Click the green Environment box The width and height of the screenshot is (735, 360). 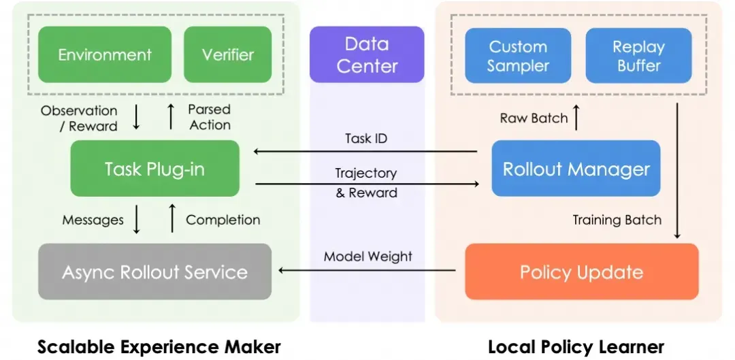pos(105,54)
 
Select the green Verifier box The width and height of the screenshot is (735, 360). pos(228,54)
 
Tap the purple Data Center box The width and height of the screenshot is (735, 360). pos(367,55)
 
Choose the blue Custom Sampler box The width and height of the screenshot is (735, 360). pos(518,56)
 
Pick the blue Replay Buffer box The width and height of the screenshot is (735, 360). pos(638,56)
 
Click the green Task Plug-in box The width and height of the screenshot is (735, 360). pos(154,169)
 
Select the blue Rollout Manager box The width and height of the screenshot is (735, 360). pos(576,169)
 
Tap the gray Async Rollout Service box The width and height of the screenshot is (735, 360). pos(154,272)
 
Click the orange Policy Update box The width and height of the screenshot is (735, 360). pos(581,272)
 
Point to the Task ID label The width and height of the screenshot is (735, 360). pos(367,138)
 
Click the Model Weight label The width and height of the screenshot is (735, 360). pos(367,257)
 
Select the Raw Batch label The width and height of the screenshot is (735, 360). pos(534,118)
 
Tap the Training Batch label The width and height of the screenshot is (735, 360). pos(617,220)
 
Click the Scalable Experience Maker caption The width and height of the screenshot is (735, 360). pos(159,347)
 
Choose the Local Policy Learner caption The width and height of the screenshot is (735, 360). pos(576,347)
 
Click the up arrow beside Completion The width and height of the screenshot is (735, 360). pos(171,219)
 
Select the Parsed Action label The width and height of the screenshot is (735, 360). pos(209,117)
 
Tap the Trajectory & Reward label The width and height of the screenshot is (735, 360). pos(366,183)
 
